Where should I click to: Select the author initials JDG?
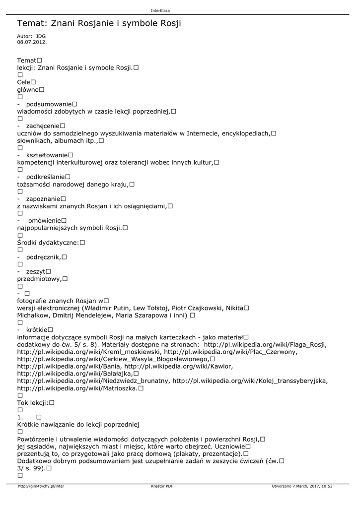pos(41,36)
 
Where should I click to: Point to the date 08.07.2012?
pos(32,42)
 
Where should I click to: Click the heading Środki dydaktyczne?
pos(48,243)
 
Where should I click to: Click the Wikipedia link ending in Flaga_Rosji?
pos(266,344)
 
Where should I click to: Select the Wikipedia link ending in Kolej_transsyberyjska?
pos(250,381)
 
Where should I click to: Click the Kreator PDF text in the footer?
pos(162,486)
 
